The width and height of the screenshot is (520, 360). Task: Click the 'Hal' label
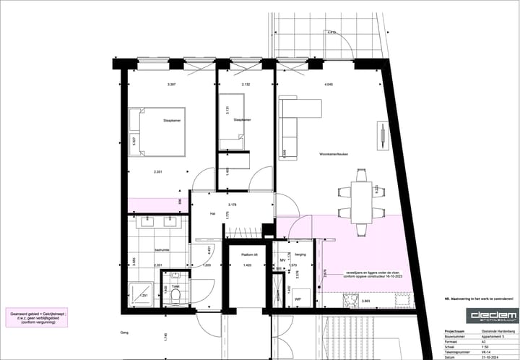[x=213, y=214]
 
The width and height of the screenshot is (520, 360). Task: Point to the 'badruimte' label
[x=162, y=250]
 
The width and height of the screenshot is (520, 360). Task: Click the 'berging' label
[x=300, y=254]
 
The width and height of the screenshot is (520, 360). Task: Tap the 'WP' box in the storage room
[x=298, y=298]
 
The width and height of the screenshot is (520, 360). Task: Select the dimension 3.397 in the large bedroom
[x=171, y=85]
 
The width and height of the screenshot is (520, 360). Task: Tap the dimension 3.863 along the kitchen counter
[x=365, y=300]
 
